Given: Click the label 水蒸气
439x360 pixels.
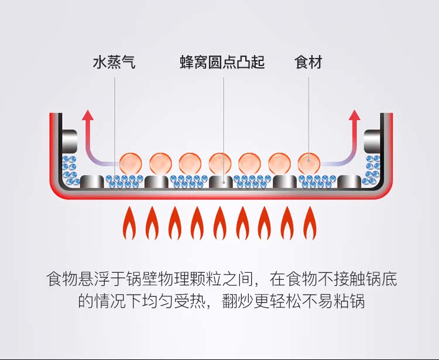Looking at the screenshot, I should pyautogui.click(x=114, y=63).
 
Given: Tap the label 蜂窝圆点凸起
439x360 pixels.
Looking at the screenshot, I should pyautogui.click(x=222, y=63).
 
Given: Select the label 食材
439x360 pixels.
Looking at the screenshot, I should pyautogui.click(x=308, y=63).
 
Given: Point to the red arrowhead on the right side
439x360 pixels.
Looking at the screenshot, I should pyautogui.click(x=355, y=115).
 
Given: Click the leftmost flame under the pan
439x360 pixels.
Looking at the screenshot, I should pyautogui.click(x=129, y=223).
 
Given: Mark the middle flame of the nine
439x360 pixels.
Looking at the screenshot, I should pyautogui.click(x=220, y=223).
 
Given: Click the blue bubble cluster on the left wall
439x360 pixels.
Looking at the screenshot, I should pyautogui.click(x=70, y=169).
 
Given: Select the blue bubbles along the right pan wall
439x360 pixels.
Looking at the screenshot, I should pyautogui.click(x=371, y=169).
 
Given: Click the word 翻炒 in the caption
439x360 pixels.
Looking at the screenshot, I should pyautogui.click(x=239, y=302).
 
